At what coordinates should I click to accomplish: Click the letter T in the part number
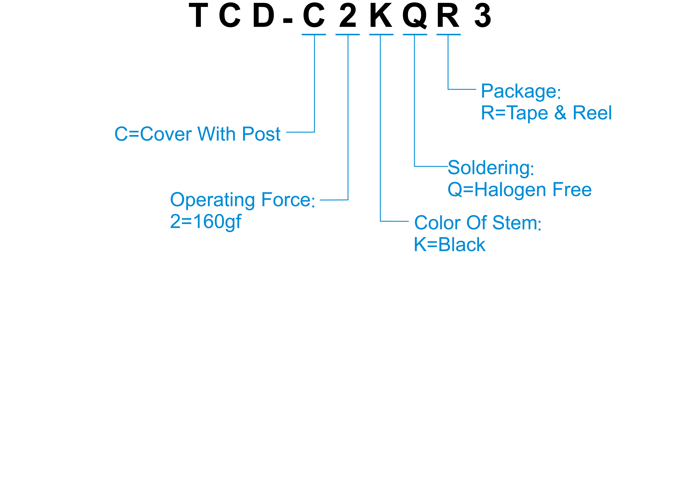point(198,15)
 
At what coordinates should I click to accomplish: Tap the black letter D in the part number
point(264,15)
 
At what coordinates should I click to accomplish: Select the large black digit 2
point(348,15)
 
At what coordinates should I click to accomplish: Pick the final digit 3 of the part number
point(483,15)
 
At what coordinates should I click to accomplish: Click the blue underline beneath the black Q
point(415,35)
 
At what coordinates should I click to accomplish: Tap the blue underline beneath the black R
point(448,35)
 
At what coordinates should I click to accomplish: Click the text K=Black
point(450,245)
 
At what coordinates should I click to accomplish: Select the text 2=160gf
point(206,222)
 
